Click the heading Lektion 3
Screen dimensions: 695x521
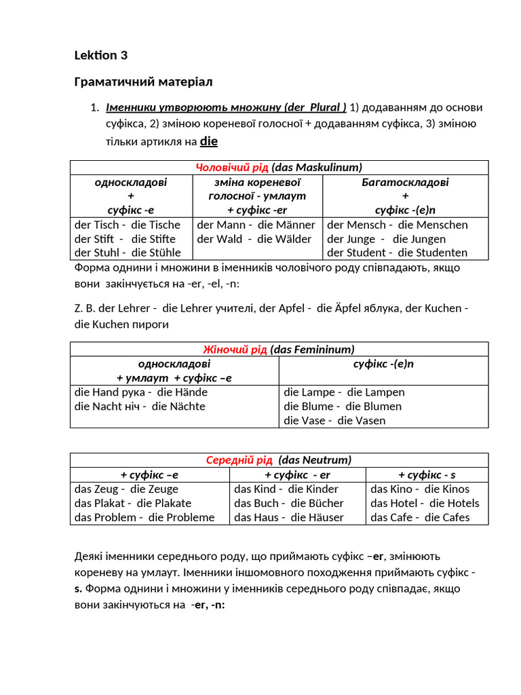(x=100, y=56)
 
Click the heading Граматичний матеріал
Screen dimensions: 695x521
(x=143, y=82)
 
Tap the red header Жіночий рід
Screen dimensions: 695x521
(x=235, y=350)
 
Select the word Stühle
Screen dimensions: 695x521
(x=161, y=253)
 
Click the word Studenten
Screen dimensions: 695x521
(x=442, y=253)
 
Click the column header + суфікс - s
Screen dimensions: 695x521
(x=427, y=474)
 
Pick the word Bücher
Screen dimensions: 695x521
(x=326, y=503)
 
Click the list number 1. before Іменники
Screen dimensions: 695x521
(x=96, y=108)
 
